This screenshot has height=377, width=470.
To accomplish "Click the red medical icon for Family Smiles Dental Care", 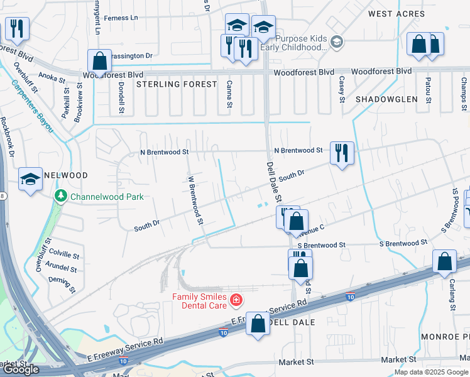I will pos(236,301).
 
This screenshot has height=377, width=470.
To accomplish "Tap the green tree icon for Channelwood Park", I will pos(61,197).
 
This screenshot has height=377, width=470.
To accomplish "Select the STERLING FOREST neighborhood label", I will pos(177,84).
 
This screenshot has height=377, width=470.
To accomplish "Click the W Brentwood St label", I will pos(194,199).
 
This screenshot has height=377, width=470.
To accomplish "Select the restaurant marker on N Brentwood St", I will pos(342,153).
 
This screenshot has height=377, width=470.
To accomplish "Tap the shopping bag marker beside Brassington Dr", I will pos(99,61).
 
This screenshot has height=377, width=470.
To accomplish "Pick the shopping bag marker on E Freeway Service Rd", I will pos(258,324).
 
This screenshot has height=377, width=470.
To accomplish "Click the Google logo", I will pos(21,369).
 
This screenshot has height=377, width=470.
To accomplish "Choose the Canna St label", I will pos(230,97).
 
